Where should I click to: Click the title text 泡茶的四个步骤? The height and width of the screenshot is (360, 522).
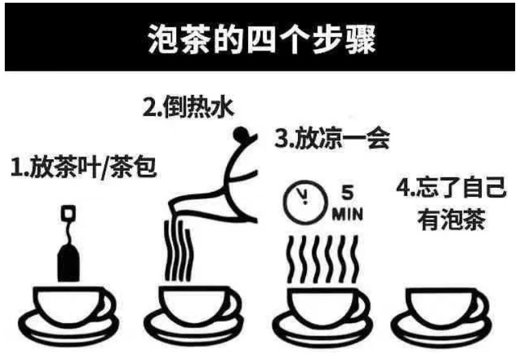point(262,39)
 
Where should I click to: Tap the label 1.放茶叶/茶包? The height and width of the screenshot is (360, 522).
point(83,167)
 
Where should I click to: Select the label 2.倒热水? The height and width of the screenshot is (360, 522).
point(188,107)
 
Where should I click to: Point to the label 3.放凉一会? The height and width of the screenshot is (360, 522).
point(332,138)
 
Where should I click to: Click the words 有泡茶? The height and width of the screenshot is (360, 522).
point(451,219)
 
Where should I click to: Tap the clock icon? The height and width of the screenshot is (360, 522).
point(305,202)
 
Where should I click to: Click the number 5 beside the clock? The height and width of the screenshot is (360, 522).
point(347,193)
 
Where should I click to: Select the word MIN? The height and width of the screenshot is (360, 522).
point(347,214)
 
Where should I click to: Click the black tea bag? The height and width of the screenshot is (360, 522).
point(68,262)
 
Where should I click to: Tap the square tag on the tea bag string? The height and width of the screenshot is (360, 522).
point(68,212)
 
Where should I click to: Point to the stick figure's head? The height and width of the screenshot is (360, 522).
point(240,133)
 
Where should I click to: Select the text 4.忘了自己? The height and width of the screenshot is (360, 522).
point(451,188)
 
